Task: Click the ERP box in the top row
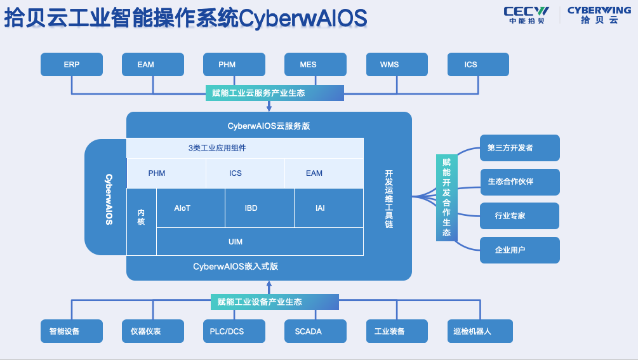72,65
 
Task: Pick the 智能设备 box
72,331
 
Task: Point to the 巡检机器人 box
479,331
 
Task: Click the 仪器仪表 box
153,331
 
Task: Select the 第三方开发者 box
519,148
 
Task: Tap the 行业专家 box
519,216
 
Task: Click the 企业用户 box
519,250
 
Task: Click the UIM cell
260,242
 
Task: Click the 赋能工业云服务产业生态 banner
274,93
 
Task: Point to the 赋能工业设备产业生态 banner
274,302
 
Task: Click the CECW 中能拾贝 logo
526,15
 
